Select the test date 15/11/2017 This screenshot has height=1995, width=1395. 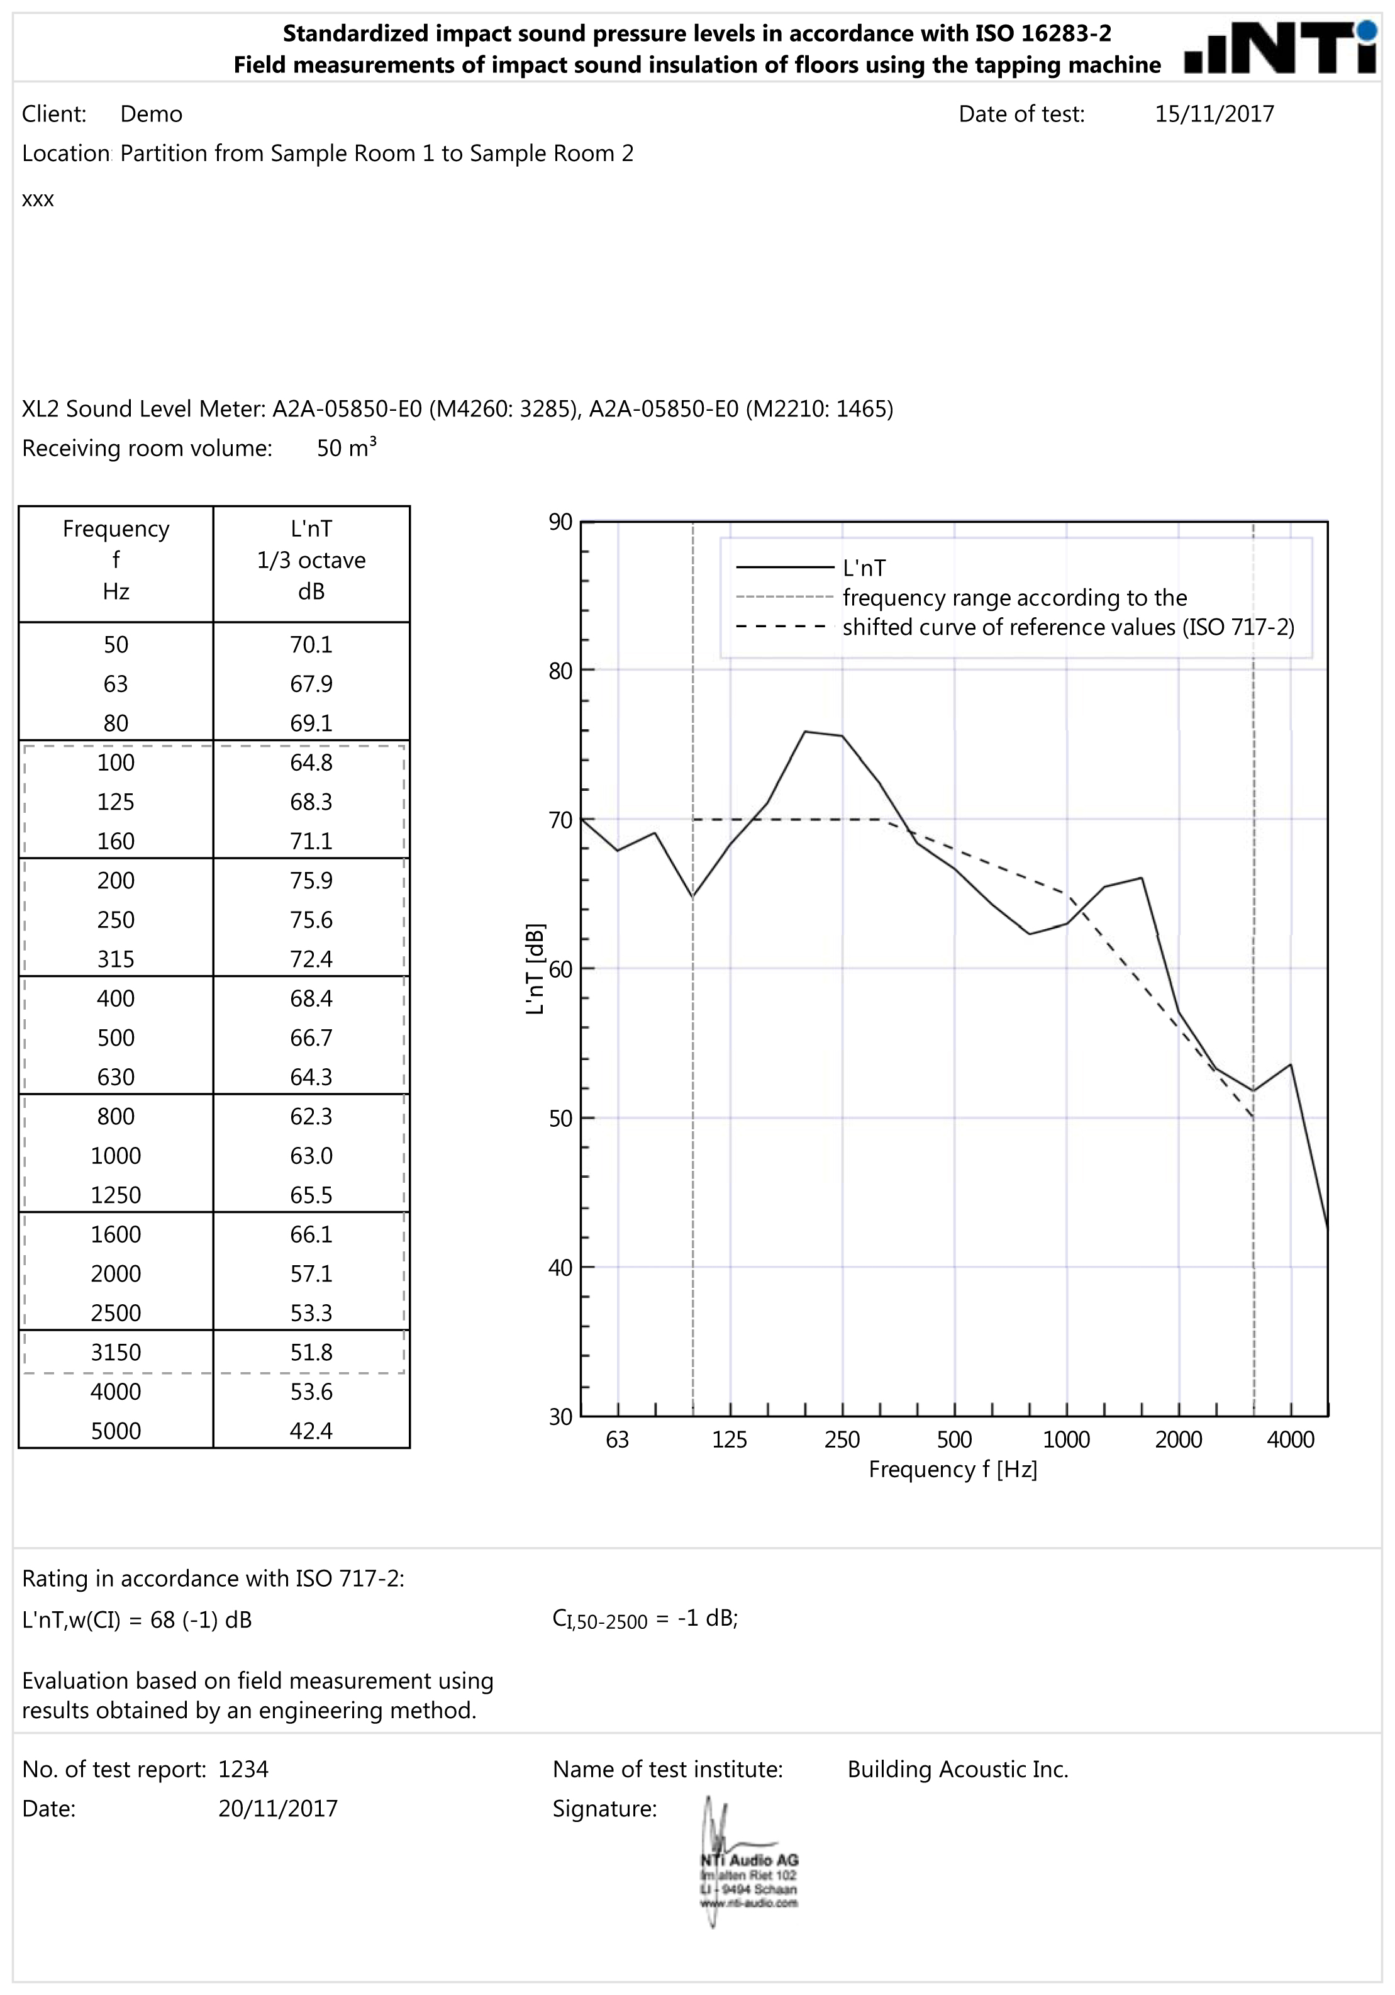(1213, 114)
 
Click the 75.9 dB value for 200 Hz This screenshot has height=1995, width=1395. (311, 880)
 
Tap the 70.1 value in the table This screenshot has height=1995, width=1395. (311, 645)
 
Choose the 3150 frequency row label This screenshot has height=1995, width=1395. (116, 1352)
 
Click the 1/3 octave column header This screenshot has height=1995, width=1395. (311, 561)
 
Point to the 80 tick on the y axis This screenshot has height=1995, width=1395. (560, 671)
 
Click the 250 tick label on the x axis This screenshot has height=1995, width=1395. (842, 1439)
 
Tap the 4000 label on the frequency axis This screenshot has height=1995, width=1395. (1290, 1439)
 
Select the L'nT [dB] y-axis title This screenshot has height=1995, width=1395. (535, 969)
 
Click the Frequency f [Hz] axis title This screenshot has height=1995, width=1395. (953, 1469)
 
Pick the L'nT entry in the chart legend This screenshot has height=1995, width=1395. (864, 568)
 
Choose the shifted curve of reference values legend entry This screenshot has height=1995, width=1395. (1067, 627)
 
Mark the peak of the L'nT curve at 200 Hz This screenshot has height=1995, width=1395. (805, 732)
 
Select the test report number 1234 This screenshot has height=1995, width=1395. (243, 1769)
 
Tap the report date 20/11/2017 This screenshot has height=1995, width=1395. (278, 1808)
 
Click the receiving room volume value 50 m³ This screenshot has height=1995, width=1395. (346, 449)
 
